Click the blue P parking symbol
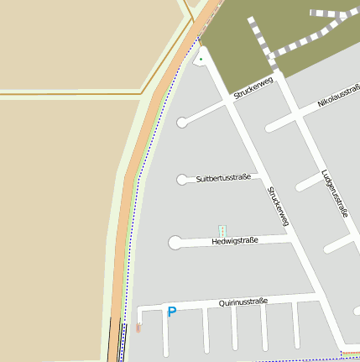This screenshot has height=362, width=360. [x=172, y=312]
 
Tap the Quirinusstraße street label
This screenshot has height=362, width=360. [x=243, y=302]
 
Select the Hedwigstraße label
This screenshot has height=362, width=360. [x=235, y=241]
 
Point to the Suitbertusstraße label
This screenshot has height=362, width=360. [x=223, y=178]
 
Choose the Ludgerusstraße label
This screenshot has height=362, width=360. [x=334, y=194]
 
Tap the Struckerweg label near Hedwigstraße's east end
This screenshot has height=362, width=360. [x=278, y=207]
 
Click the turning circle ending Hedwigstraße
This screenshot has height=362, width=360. [x=175, y=244]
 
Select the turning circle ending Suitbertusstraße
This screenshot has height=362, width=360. [x=182, y=179]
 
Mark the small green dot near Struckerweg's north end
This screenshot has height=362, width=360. [x=201, y=59]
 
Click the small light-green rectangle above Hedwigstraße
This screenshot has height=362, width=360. [x=222, y=230]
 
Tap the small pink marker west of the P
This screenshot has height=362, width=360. [x=138, y=327]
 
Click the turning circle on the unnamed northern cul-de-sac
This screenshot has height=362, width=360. [x=182, y=123]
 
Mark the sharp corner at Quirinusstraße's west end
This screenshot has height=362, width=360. [x=139, y=309]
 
